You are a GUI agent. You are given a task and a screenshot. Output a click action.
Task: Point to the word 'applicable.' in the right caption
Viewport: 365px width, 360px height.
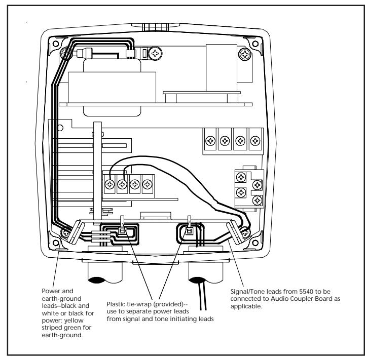coord(246,306)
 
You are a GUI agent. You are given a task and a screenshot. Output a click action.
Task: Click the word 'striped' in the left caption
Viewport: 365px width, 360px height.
coord(51,328)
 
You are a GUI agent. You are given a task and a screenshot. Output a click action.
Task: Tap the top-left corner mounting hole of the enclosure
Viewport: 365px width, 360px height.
coord(56,44)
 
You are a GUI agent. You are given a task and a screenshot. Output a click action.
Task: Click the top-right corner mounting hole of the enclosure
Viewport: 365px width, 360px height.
coord(255,44)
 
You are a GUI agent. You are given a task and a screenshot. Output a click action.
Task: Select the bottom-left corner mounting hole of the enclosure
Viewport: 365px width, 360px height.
coord(56,243)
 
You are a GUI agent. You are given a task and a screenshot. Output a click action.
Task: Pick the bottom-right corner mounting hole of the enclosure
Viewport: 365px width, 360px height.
coord(255,243)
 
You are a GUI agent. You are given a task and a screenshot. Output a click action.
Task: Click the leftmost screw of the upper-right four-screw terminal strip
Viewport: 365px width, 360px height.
coord(210,141)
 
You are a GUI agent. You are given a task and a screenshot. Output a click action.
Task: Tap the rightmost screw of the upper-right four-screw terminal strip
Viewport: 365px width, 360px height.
coord(255,141)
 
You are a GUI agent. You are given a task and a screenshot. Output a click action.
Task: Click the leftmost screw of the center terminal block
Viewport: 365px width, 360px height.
coord(109,184)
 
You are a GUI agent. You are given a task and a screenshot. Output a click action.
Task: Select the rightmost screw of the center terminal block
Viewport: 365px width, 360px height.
coord(147,184)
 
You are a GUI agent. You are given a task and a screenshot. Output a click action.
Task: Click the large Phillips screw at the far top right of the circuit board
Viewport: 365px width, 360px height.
coord(245,55)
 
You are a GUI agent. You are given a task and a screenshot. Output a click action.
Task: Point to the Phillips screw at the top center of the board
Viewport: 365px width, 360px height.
coord(155,54)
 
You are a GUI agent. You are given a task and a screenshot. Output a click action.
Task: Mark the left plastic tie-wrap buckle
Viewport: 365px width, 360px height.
coord(122,231)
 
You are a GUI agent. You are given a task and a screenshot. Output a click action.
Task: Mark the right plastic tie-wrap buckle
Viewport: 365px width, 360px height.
coord(189,231)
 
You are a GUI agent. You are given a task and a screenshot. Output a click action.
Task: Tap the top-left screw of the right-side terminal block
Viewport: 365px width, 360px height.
coord(241,177)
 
